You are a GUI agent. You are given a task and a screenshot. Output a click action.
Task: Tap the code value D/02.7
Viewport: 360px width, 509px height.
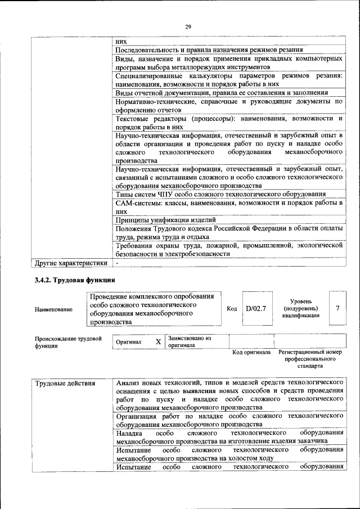255,308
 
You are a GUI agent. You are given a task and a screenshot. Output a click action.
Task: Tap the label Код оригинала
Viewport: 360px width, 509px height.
251,352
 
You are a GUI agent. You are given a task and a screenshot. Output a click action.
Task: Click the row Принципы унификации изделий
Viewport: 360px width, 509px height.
165,220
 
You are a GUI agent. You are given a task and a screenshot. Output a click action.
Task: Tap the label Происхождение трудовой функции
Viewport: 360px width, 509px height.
68,343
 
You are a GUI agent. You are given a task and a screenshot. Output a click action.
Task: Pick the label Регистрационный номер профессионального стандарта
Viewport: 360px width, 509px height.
310,358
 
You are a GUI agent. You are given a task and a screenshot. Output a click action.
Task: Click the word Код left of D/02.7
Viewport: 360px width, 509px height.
232,309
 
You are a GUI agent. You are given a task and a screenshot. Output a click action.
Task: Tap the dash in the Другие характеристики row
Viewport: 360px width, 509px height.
118,263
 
